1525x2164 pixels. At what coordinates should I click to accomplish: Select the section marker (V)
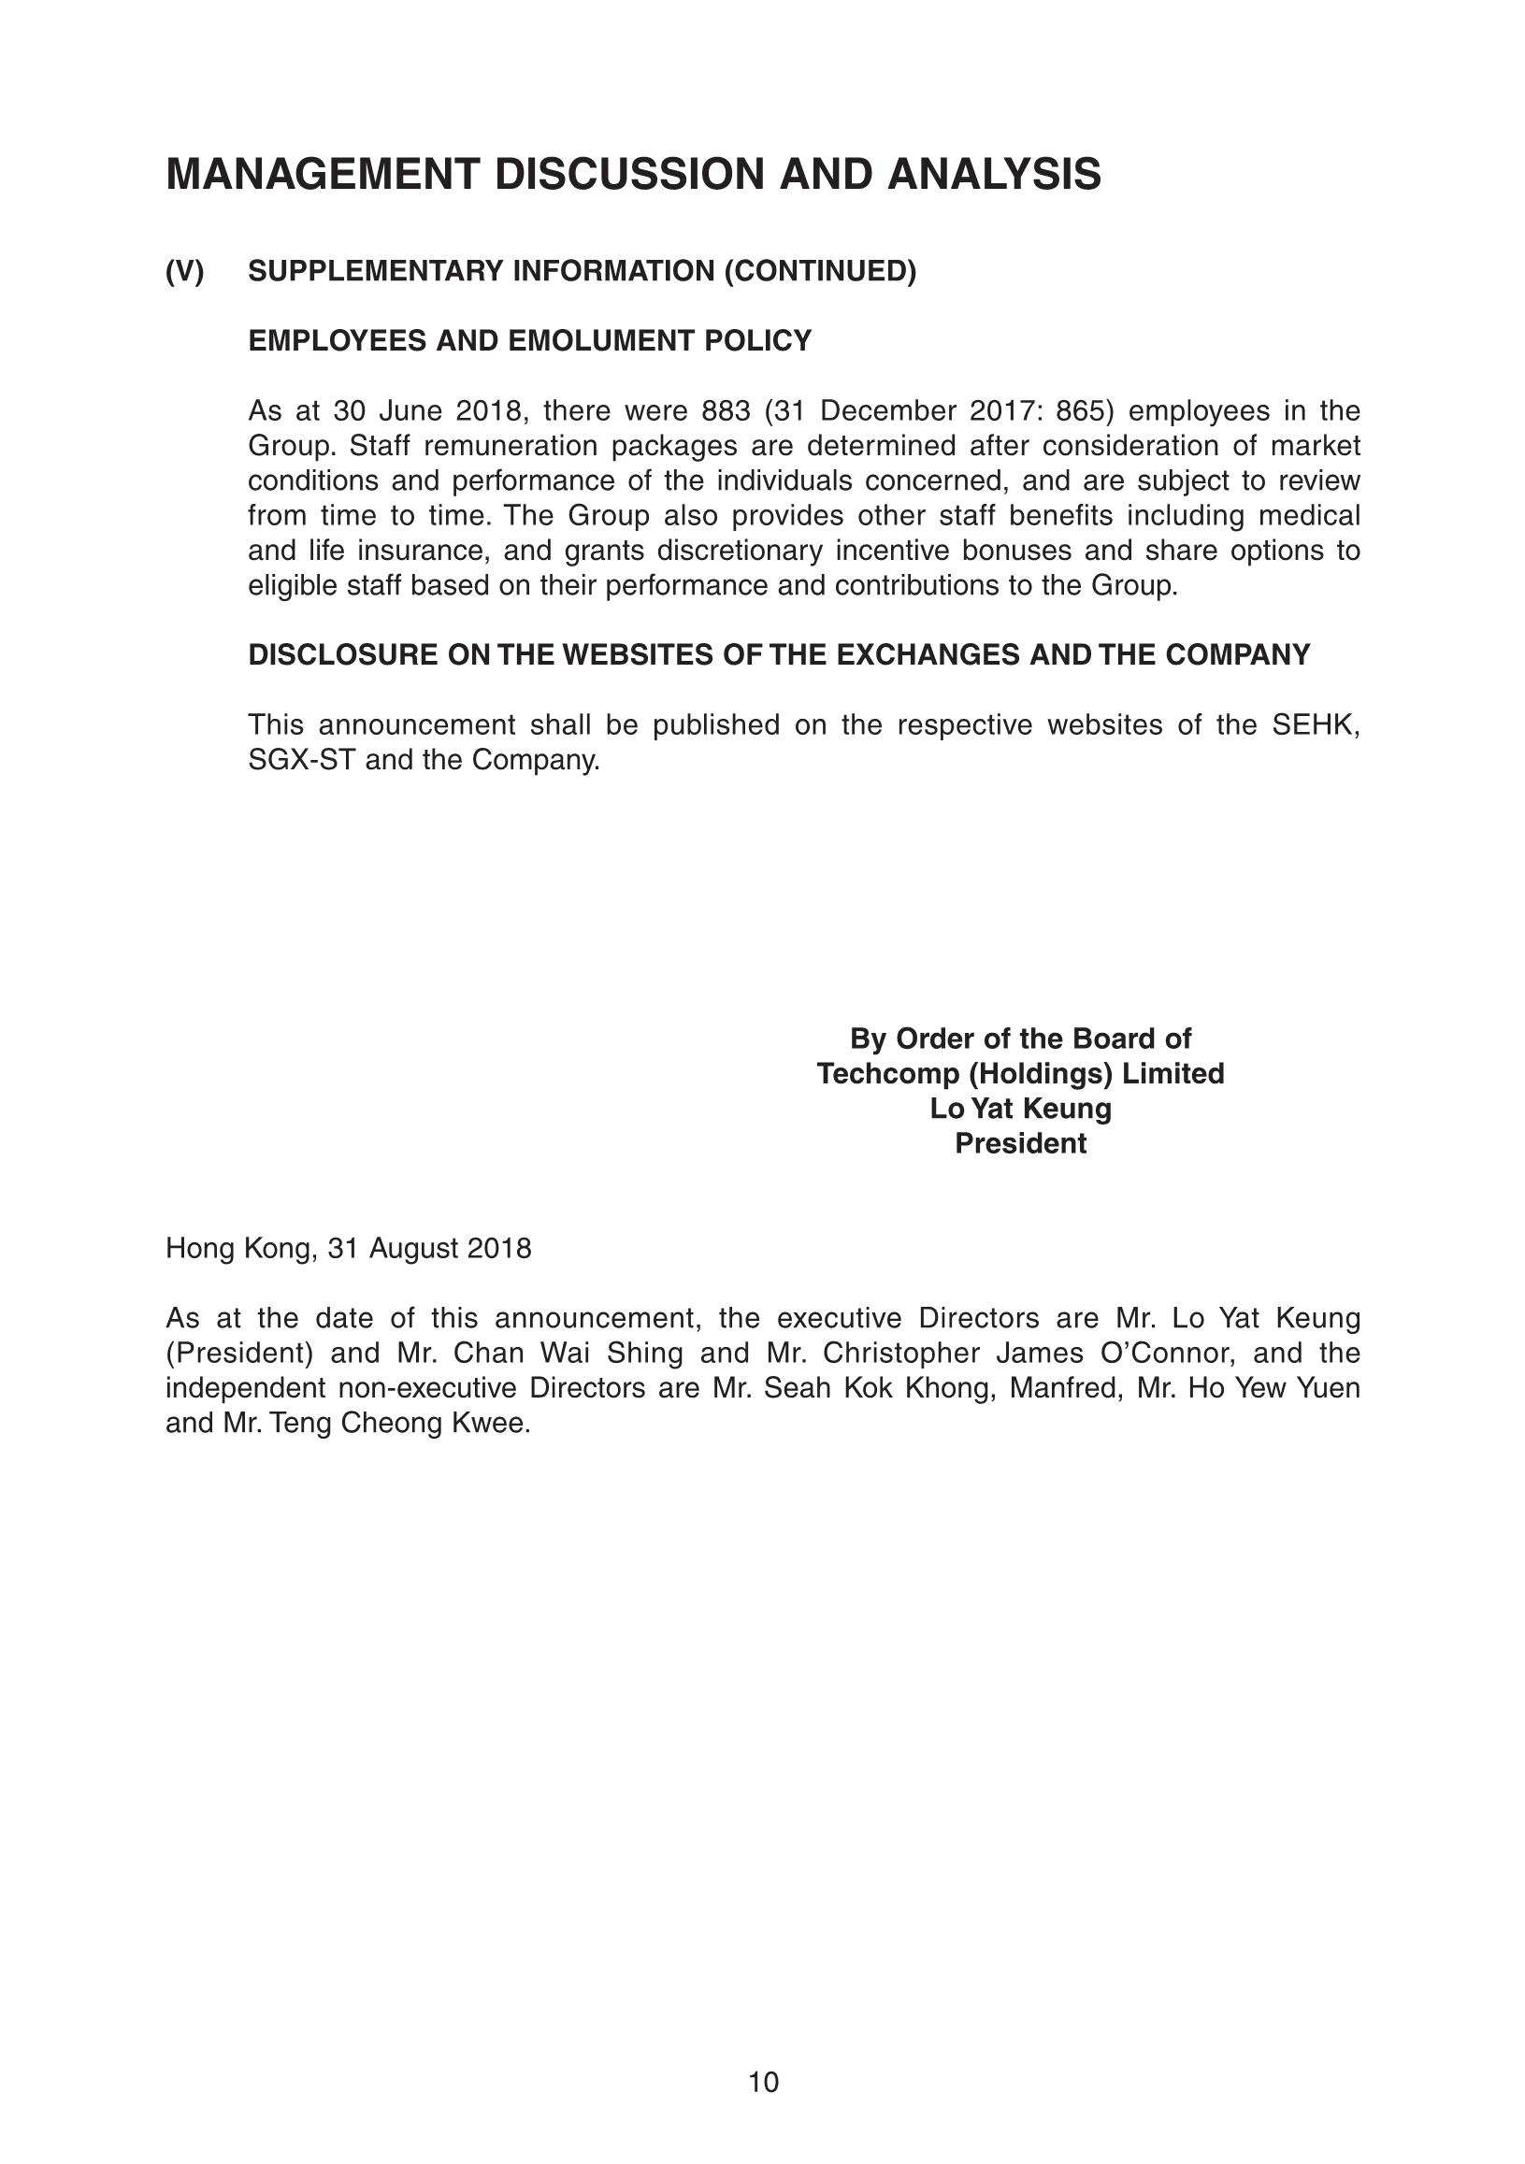185,271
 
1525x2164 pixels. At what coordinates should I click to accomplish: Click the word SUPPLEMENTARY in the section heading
376,271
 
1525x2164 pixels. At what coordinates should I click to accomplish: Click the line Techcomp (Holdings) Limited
1020,1074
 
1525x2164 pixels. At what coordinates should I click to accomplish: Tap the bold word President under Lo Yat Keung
1020,1144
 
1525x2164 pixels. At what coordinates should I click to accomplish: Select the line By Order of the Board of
1020,1039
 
